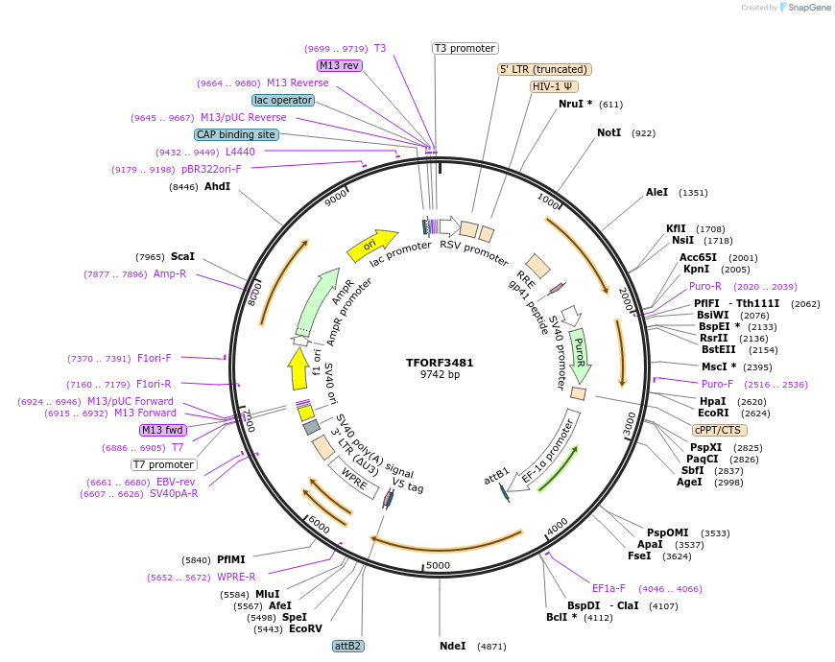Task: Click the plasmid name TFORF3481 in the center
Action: [x=440, y=363]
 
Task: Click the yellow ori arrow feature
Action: [x=371, y=246]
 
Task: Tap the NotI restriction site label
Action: [x=608, y=133]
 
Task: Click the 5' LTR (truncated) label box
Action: [x=544, y=69]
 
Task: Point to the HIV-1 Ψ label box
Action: [x=553, y=86]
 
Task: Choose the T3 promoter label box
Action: [x=465, y=48]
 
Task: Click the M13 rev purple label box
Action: [x=339, y=65]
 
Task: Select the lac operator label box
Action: [x=283, y=100]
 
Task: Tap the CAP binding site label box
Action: [x=236, y=134]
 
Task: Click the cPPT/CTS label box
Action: [x=717, y=430]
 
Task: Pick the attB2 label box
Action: [x=348, y=646]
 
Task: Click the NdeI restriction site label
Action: [x=452, y=646]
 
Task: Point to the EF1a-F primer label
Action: [x=608, y=588]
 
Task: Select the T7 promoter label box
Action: [x=163, y=464]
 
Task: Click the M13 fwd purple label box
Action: [x=162, y=430]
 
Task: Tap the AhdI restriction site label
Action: [x=218, y=186]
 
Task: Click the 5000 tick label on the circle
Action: [x=438, y=565]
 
